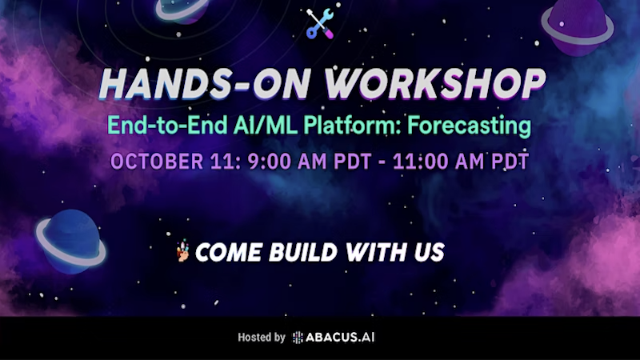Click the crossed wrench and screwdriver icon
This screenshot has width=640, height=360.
tap(321, 24)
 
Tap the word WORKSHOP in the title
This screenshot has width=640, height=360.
tap(435, 84)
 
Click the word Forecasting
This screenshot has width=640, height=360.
tap(470, 126)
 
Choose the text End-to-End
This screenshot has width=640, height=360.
tap(167, 126)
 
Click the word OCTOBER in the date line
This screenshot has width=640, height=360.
tap(157, 162)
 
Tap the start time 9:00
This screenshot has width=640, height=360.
tap(270, 162)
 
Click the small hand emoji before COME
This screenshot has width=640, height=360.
tap(183, 251)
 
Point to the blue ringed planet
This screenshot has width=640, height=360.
tap(71, 242)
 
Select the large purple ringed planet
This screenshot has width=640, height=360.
tap(577, 26)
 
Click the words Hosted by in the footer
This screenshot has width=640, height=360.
tap(262, 338)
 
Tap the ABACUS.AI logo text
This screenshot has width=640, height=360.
tap(340, 338)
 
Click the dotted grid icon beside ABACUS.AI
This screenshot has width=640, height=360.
tap(298, 338)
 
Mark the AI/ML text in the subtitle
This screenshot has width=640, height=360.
tap(266, 126)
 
